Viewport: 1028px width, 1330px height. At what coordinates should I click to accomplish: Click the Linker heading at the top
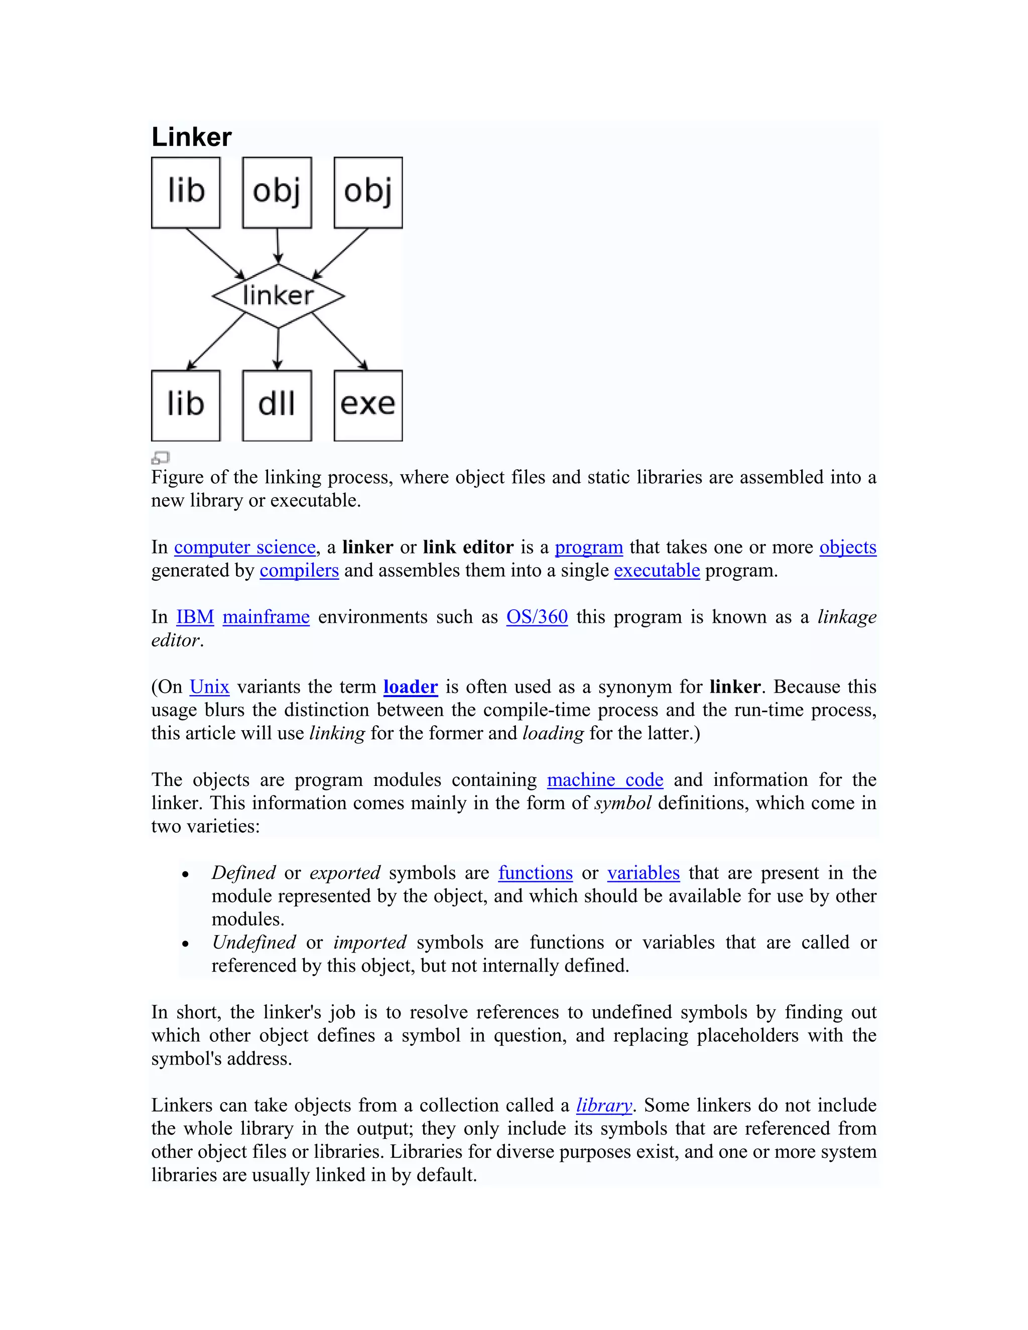pyautogui.click(x=191, y=137)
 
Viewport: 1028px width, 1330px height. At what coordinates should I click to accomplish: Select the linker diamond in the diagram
pyautogui.click(x=278, y=296)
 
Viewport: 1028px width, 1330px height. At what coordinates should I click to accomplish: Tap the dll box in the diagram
pyautogui.click(x=277, y=405)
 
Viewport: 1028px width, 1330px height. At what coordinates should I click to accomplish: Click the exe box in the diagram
pyautogui.click(x=368, y=405)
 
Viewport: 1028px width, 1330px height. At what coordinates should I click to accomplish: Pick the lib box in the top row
pyautogui.click(x=186, y=192)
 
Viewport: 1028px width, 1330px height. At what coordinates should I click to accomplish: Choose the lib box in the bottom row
pyautogui.click(x=186, y=405)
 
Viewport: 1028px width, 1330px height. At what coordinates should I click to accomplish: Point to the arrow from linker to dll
pyautogui.click(x=278, y=348)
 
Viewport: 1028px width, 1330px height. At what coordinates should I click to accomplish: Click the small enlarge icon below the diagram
pyautogui.click(x=160, y=457)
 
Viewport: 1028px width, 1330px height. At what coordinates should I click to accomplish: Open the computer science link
pyautogui.click(x=245, y=547)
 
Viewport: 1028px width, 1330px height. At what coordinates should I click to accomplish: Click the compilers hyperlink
pyautogui.click(x=299, y=570)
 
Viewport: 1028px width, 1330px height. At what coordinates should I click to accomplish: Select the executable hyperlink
pyautogui.click(x=657, y=570)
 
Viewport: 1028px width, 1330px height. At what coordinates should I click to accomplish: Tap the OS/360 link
pyautogui.click(x=537, y=617)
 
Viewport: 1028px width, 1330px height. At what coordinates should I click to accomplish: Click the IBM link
pyautogui.click(x=195, y=617)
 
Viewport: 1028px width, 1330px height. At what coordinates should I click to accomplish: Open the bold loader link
pyautogui.click(x=411, y=687)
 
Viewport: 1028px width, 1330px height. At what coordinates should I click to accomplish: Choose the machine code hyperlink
pyautogui.click(x=605, y=780)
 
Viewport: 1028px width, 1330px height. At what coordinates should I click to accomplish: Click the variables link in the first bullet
pyautogui.click(x=643, y=873)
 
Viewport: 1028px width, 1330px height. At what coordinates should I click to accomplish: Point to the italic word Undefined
pyautogui.click(x=253, y=943)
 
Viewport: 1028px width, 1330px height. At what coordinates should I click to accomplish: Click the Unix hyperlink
pyautogui.click(x=209, y=687)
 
